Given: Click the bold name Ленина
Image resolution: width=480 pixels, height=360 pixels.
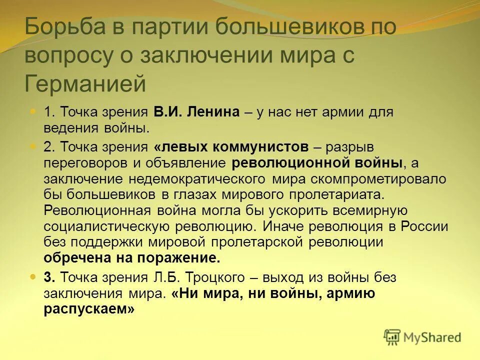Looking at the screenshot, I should (213, 112).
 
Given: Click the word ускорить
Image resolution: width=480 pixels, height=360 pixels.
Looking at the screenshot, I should (261, 210).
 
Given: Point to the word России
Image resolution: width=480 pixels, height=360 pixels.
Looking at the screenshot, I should (424, 226).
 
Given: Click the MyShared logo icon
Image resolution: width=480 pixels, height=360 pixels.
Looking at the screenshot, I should (392, 336).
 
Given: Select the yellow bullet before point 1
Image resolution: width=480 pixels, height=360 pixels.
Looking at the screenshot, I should (33, 111).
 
